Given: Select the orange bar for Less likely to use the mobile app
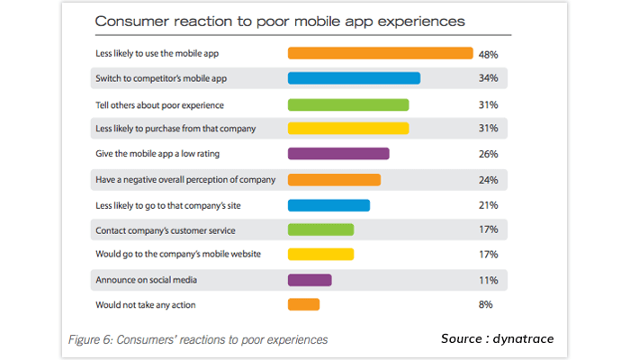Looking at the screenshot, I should (380, 53).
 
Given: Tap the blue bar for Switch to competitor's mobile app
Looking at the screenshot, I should (354, 78).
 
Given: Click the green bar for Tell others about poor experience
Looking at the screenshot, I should (347, 103).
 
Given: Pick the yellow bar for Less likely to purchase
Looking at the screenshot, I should (347, 129).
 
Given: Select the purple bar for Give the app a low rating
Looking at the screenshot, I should (338, 154).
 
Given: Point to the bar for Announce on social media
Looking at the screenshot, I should (310, 280).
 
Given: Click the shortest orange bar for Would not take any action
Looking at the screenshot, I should (303, 305).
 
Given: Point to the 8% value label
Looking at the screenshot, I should (486, 305).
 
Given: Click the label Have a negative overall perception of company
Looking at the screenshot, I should (185, 179).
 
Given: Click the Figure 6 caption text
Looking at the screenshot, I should (198, 339).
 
